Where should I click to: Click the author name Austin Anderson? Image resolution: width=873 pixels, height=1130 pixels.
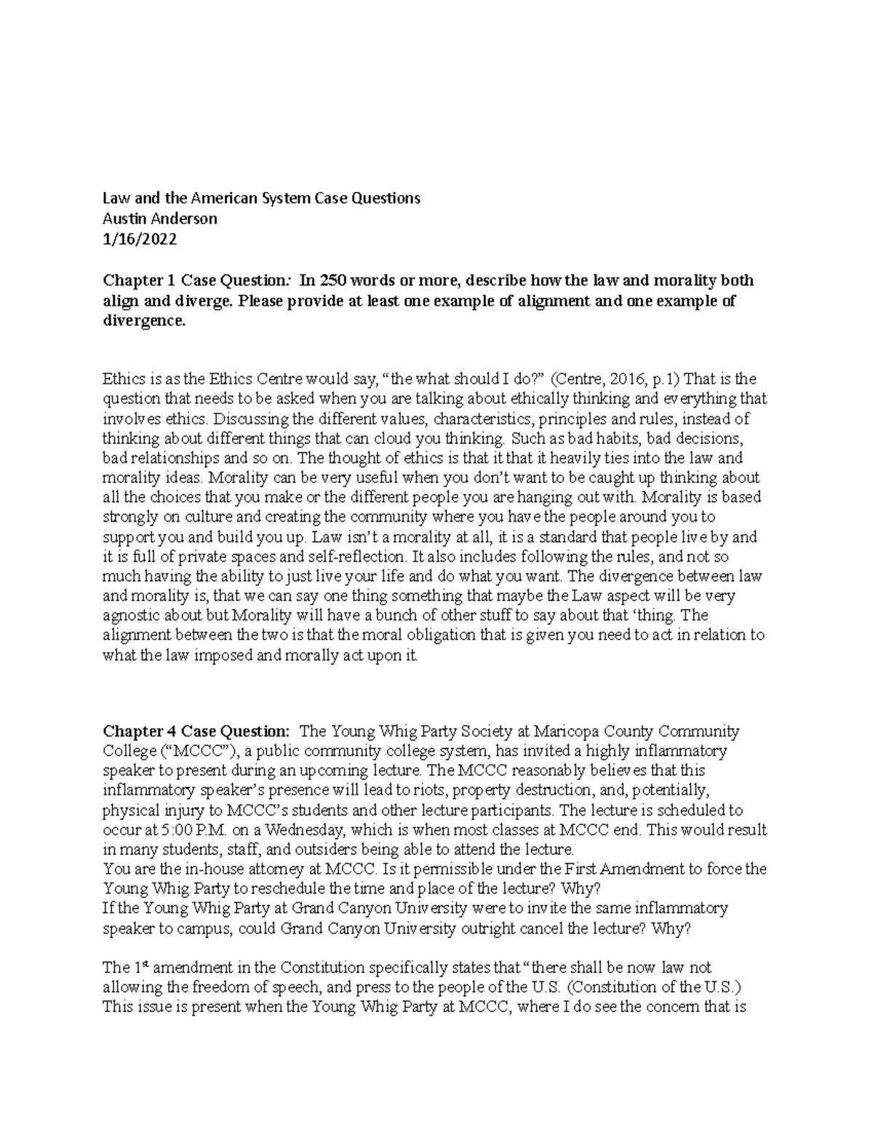pos(159,218)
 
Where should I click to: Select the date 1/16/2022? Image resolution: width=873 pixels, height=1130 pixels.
pos(139,239)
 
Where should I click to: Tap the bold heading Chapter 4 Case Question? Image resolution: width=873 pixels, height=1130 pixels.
pos(196,731)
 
